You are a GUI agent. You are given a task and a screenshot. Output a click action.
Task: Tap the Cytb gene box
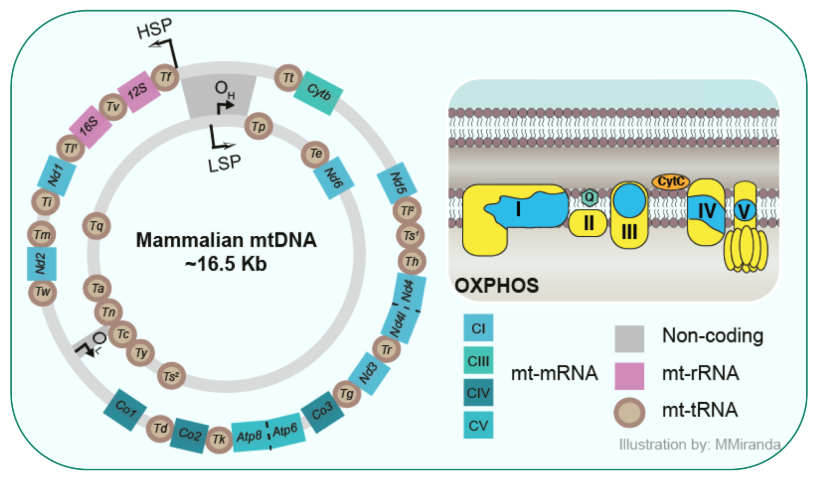pos(318,94)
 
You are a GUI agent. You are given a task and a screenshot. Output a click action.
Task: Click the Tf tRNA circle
pos(165,77)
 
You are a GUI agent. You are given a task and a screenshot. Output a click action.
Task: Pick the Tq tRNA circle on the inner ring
pos(96,226)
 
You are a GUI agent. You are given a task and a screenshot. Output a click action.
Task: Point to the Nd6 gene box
pos(334,178)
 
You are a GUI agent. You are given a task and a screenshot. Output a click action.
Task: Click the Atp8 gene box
pos(249,436)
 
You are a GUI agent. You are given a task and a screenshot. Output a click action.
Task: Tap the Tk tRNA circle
pos(219,439)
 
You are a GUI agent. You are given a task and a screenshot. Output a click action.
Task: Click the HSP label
pos(154,29)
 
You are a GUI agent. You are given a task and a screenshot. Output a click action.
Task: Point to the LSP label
pos(224,164)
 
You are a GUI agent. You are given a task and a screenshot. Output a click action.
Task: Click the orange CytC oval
pos(670,182)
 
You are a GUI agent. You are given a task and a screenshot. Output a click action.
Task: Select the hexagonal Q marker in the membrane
pos(589,197)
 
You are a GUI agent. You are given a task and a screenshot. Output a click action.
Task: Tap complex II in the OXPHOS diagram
pos(588,223)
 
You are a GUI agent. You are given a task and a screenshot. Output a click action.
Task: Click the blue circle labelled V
pos(745,211)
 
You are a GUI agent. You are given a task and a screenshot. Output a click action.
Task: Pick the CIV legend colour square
pos(478,393)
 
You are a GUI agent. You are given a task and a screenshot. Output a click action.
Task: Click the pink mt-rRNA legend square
pos(629,376)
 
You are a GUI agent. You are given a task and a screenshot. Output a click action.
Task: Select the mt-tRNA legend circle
pos(629,412)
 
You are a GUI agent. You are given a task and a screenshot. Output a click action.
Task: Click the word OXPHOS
pos(496,286)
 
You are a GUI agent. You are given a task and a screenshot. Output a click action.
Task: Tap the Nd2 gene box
pos(42,263)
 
